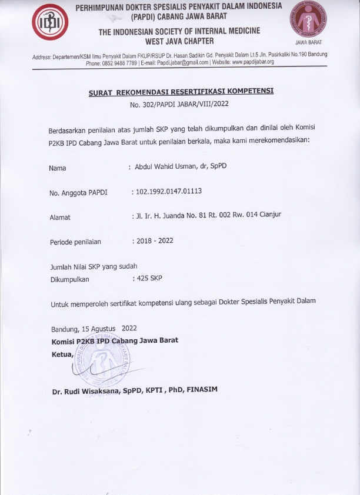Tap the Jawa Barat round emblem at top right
(306, 23)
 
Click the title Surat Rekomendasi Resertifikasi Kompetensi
(181, 92)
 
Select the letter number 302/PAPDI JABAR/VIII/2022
(181, 105)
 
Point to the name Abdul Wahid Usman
(163, 166)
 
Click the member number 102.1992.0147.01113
(174, 191)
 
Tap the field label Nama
(58, 168)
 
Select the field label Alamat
(60, 217)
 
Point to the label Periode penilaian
(75, 242)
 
